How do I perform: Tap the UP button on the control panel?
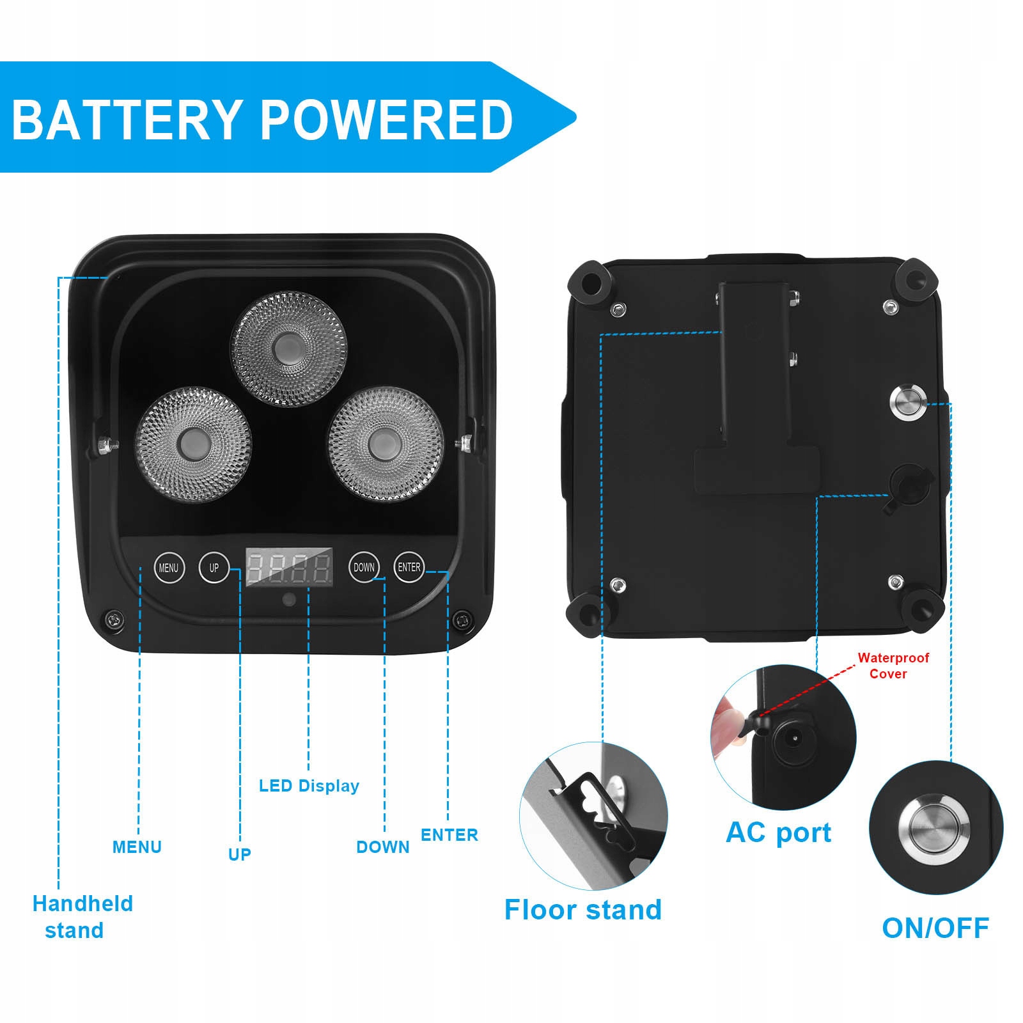(214, 567)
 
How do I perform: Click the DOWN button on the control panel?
(364, 567)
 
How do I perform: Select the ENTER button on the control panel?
(409, 567)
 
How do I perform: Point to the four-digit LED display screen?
(290, 567)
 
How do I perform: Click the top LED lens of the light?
(288, 348)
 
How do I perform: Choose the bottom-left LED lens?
(193, 444)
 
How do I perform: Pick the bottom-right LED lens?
(386, 443)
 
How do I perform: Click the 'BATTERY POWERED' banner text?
(262, 120)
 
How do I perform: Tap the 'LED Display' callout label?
(309, 786)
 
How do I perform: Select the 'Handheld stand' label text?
(82, 917)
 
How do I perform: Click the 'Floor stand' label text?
(582, 910)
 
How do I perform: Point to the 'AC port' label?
(778, 832)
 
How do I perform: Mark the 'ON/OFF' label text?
(935, 928)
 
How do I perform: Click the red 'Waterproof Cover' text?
(893, 666)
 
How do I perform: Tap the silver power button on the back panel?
(907, 402)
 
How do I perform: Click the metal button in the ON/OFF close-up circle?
(934, 827)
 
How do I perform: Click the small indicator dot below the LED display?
(289, 600)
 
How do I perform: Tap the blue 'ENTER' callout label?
(449, 835)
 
